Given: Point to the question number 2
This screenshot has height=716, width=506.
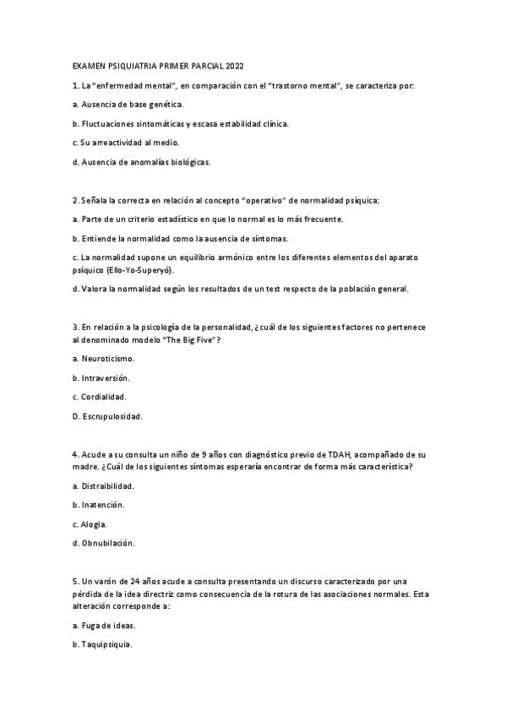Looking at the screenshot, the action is point(75,200).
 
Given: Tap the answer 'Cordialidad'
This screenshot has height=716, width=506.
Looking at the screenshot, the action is point(105,397).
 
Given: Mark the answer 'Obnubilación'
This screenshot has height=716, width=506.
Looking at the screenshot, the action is point(107,543).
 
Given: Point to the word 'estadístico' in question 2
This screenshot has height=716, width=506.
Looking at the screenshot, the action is point(176,220).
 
